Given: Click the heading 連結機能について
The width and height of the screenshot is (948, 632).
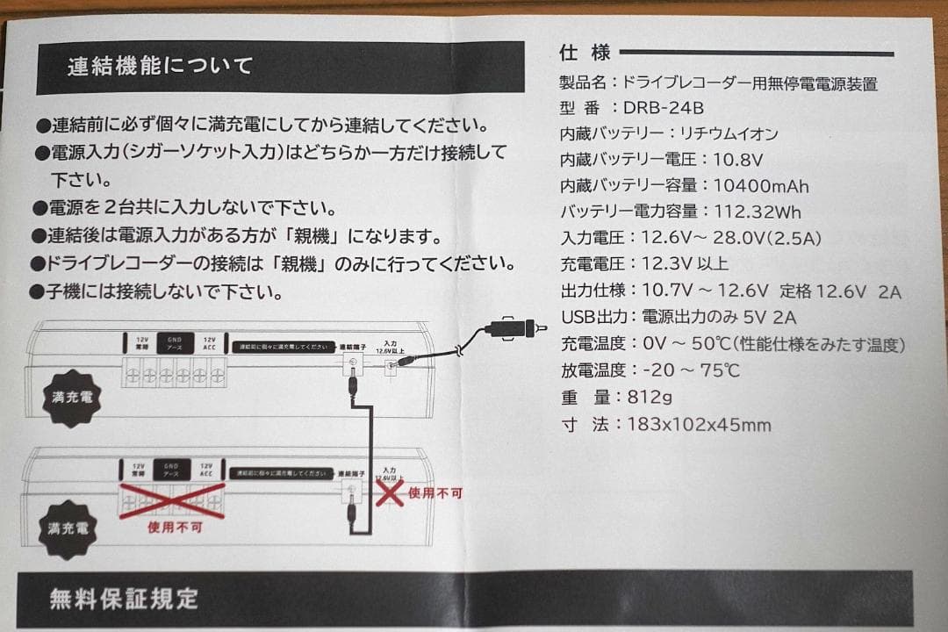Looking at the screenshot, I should (160, 67).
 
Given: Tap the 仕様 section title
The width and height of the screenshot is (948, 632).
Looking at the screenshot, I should (585, 53).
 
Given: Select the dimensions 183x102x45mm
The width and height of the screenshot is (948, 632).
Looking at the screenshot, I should (700, 425).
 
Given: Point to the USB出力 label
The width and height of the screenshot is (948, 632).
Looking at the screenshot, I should (592, 317).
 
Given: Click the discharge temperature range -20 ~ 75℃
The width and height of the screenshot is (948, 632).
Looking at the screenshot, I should (684, 370).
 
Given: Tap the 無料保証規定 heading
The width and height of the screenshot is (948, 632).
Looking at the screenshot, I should (124, 600).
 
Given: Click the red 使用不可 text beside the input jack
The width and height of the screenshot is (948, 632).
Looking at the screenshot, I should (434, 493).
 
